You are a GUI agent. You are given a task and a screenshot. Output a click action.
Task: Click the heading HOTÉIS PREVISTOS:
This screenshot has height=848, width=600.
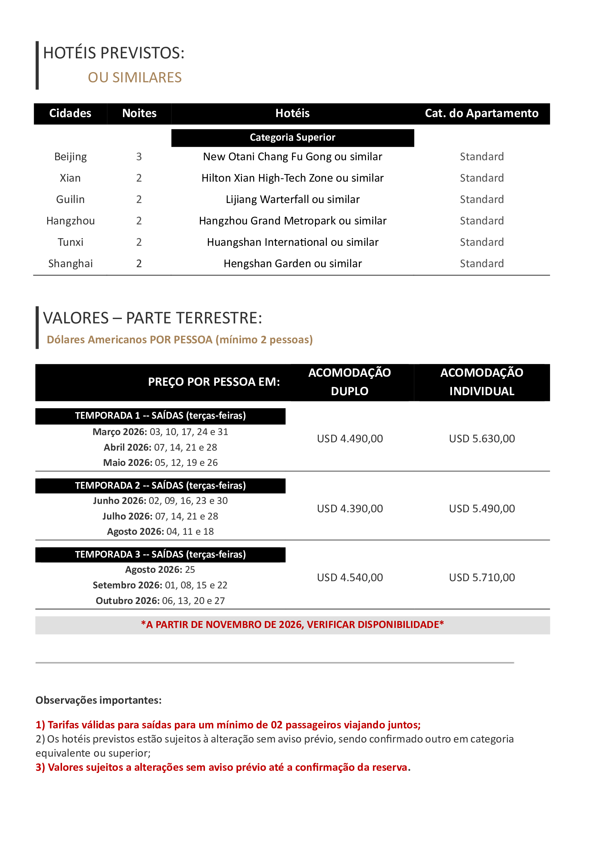pos(114,53)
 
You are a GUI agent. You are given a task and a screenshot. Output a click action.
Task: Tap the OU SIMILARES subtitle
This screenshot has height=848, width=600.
pos(135,78)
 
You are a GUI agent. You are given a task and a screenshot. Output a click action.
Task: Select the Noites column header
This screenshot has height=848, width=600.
pos(139,113)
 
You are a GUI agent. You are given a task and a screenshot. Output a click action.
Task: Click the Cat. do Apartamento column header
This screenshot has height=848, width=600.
pos(481,113)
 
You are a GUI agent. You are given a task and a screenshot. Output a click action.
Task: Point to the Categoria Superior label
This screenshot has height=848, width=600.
pos(292,137)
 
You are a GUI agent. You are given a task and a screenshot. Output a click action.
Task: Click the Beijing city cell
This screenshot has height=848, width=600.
pos(70,157)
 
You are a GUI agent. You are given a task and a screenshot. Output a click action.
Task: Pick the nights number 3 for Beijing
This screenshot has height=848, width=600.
pos(139,157)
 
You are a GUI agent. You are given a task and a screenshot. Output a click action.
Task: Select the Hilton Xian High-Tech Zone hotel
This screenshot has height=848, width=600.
pos(292,178)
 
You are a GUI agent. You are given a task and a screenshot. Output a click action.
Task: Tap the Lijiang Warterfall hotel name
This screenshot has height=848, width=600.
pos(292,199)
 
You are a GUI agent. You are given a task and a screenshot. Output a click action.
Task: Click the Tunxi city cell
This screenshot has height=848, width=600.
pos(70,242)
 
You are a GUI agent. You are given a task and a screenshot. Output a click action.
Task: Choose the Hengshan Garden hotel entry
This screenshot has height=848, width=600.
pos(292,264)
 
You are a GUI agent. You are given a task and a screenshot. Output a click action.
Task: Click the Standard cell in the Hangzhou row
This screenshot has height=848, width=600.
pos(481,221)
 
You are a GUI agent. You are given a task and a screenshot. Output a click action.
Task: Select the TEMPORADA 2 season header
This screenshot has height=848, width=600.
pos(160,485)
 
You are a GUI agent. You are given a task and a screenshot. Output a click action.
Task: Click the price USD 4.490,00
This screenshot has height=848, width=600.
pos(349,439)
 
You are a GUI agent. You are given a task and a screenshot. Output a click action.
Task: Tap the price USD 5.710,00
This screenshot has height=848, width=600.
pos(481,578)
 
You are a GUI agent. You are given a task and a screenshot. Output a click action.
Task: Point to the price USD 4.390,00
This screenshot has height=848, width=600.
pos(349,509)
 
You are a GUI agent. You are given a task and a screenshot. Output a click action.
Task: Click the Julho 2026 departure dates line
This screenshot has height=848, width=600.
pos(160,516)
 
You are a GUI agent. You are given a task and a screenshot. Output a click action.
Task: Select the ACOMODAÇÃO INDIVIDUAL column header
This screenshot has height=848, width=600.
pos(481,382)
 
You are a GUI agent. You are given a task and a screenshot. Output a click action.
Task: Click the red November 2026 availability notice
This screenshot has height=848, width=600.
pos(292,625)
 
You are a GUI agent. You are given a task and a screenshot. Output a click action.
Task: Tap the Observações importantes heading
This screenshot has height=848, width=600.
pos(98,700)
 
